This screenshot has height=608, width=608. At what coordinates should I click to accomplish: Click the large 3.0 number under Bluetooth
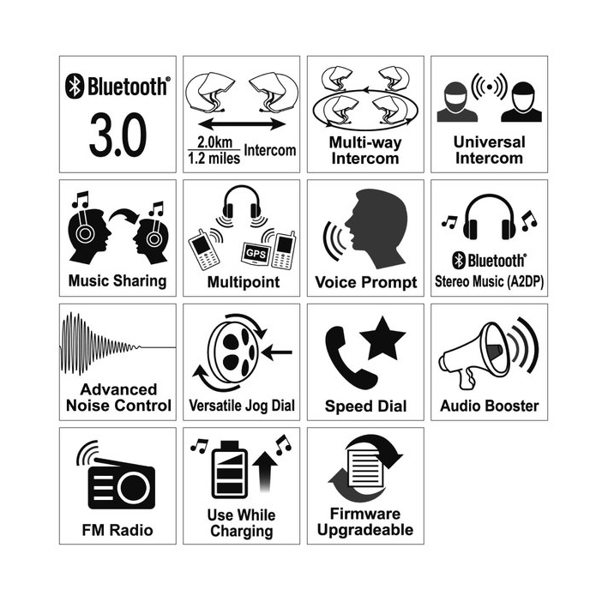pos(117,135)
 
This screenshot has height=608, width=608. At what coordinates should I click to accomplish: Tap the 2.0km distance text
pos(214,141)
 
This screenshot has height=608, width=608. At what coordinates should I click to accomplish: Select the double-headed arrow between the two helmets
pos(242,124)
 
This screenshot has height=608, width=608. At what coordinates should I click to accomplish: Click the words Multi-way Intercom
pos(365,150)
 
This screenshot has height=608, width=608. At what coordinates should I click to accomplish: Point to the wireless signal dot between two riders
pos(490,87)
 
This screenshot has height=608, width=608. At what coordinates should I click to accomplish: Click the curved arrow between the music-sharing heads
pos(124,216)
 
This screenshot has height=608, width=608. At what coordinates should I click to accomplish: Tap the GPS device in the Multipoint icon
pos(256,254)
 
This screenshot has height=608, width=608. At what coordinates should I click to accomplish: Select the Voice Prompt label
pos(365,282)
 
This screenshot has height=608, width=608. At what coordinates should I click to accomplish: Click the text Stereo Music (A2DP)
pos(489,281)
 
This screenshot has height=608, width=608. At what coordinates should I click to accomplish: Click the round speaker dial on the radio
pos(133,487)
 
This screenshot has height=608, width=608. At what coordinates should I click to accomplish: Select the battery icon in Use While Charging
pos(230,469)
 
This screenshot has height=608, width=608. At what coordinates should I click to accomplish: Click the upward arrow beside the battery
pos(265,471)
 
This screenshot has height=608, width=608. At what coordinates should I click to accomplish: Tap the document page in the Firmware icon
pos(365,468)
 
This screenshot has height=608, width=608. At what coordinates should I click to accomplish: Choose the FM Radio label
pos(117,530)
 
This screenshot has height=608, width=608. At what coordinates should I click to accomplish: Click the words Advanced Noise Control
pos(118,397)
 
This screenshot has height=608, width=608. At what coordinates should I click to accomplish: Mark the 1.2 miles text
pos(214,158)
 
